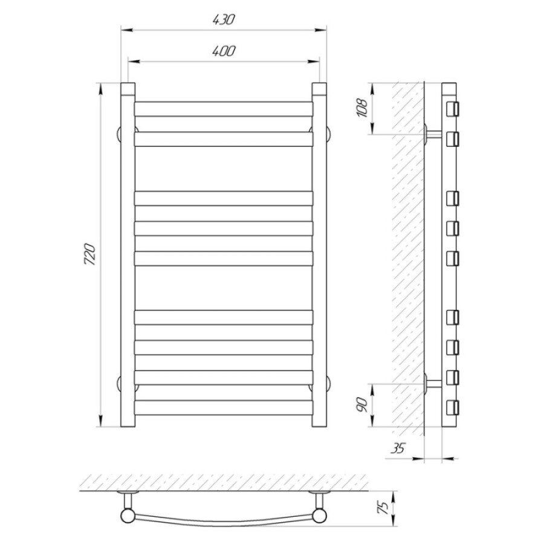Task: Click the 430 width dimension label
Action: coord(224,19)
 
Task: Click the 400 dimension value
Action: coord(224,51)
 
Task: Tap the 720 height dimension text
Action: coord(89,254)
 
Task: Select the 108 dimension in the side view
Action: coord(363,109)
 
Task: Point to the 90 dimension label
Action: coord(361,405)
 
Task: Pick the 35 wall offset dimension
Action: coord(398,448)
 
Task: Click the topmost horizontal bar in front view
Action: coord(224,109)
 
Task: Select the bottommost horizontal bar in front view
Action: coord(224,407)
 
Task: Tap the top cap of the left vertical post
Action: coord(128,89)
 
